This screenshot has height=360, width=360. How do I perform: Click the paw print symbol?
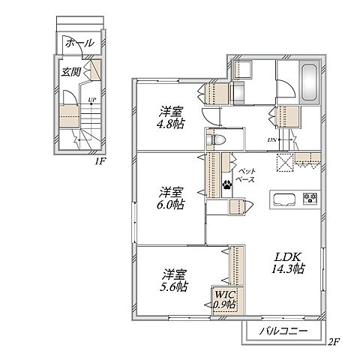[227, 184]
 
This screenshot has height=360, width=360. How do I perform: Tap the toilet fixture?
[216, 139]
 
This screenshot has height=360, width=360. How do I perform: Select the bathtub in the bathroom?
[310, 82]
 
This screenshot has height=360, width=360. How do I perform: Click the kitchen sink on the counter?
[284, 200]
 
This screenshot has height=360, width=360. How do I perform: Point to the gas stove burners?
[310, 198]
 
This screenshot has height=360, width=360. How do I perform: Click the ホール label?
[79, 43]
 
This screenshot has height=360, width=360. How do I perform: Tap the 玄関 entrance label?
[71, 72]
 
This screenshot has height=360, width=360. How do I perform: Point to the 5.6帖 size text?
[173, 286]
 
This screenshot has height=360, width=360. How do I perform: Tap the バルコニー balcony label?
[283, 331]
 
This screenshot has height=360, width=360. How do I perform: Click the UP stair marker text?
[91, 99]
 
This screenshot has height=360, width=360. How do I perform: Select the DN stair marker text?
[272, 140]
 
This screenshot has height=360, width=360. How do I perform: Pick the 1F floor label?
[99, 162]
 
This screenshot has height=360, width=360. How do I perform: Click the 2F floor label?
[333, 341]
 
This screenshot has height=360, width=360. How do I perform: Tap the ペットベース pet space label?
[246, 175]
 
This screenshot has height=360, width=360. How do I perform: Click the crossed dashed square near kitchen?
[284, 163]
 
